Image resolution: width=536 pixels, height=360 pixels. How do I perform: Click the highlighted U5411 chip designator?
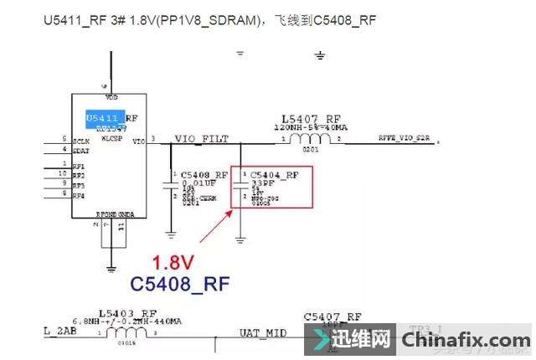[x=106, y=118]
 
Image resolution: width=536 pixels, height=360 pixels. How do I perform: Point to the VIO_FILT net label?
[x=201, y=138]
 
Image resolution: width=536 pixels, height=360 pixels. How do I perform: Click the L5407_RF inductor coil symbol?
[x=312, y=137]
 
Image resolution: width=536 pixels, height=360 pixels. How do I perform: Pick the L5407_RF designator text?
[x=311, y=119]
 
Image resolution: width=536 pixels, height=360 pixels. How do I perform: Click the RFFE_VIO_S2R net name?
[x=405, y=136]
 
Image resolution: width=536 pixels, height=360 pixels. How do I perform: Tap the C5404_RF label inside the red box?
[x=274, y=175]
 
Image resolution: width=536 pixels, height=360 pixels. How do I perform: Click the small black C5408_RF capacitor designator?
[x=204, y=175]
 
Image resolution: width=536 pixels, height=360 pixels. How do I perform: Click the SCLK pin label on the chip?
[x=81, y=141]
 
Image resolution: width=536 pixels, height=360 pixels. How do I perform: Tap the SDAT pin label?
[x=80, y=151]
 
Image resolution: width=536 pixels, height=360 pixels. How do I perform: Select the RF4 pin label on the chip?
[x=79, y=196]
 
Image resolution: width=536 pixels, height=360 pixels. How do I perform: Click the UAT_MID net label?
[x=263, y=334]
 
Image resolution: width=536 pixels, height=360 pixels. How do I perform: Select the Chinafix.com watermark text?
[x=463, y=341]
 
